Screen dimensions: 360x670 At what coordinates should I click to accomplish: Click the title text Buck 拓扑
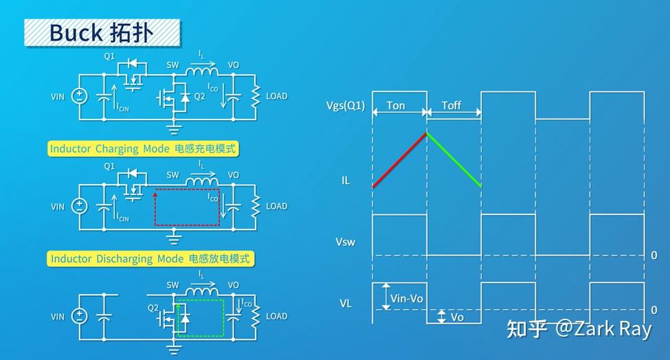tap(102, 32)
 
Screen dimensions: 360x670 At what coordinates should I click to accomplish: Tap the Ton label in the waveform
tap(396, 106)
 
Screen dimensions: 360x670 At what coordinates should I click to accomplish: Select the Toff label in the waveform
tap(451, 106)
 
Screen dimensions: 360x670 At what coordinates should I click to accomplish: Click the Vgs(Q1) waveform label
tap(346, 106)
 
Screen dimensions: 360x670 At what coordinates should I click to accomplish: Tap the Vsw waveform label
tap(345, 242)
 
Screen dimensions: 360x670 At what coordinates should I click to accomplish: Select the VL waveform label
tap(346, 302)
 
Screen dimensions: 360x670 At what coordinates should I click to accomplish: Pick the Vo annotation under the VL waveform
tap(457, 317)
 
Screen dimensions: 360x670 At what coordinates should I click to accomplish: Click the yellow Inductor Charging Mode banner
tap(147, 149)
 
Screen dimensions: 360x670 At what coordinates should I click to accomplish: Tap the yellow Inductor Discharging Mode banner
tap(151, 259)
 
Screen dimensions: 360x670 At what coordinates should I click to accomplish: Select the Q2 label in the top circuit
tap(199, 97)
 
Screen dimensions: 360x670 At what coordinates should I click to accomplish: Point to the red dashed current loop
tap(187, 207)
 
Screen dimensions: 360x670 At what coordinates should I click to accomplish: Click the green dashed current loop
tap(200, 317)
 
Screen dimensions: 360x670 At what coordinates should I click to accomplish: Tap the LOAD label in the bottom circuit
tap(276, 317)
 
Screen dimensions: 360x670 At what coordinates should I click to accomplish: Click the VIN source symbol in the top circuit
tap(80, 96)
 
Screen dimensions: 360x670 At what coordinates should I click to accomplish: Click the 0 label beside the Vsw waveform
tap(654, 255)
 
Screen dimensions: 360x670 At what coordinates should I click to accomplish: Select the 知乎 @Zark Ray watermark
tap(578, 329)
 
